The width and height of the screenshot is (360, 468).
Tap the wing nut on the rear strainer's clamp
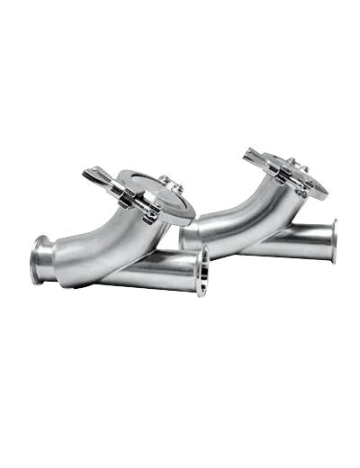click(x=255, y=158)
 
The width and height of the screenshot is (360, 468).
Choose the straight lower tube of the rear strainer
click(x=288, y=241)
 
